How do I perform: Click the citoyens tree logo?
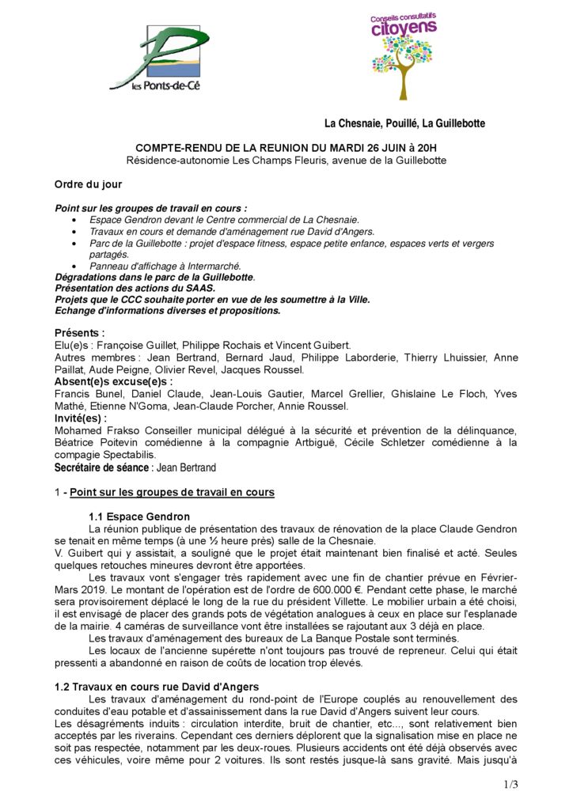point(404,55)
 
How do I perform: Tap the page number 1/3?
point(510,785)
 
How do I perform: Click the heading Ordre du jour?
point(88,184)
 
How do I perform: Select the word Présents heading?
point(79,333)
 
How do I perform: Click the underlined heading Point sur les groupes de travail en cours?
point(172,492)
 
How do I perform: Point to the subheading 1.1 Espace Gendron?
point(139,517)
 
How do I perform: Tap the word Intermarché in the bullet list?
point(214,266)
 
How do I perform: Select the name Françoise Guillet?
point(134,346)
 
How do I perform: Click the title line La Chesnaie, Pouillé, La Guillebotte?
point(404,123)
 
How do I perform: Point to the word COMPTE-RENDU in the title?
point(170,147)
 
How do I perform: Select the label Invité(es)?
point(80,418)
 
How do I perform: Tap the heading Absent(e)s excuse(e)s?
point(113,381)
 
